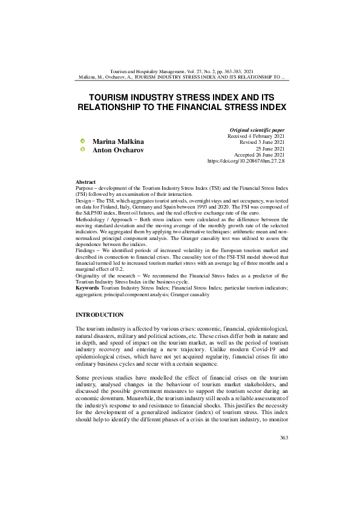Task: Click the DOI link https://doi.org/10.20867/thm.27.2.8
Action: [x=246, y=162]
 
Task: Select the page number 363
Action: [x=279, y=472]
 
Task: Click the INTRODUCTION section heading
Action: [x=99, y=315]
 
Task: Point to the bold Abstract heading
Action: [x=85, y=182]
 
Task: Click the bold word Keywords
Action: [x=88, y=288]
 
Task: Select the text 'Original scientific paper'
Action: [x=257, y=130]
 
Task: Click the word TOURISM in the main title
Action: [x=113, y=96]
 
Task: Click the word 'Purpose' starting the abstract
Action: [x=85, y=188]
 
